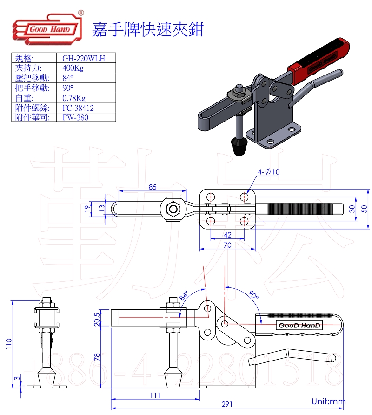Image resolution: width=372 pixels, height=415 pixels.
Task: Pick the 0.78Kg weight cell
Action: click(x=74, y=98)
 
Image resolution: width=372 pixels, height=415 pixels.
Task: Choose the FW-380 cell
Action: click(x=75, y=117)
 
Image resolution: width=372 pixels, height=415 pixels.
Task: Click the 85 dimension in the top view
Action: click(x=153, y=187)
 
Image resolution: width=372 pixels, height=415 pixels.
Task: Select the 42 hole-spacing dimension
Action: click(x=227, y=235)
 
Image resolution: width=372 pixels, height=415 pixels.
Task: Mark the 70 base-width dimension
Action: click(x=227, y=245)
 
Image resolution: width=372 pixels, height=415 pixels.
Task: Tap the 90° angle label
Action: click(x=253, y=295)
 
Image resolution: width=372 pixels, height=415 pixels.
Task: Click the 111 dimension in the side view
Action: click(x=155, y=395)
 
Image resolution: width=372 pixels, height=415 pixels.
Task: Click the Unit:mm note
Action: click(x=329, y=401)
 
